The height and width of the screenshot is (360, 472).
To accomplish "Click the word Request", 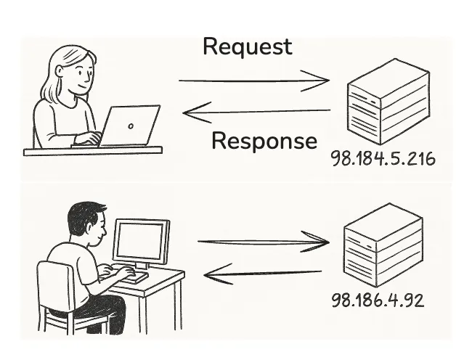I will tap(247, 46).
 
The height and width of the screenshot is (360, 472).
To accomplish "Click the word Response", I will tap(264, 140).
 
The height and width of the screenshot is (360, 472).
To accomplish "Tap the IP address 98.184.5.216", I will tap(383, 158).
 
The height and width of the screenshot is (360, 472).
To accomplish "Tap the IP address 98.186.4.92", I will tap(377, 299).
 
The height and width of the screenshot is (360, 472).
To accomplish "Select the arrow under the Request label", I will tap(253, 81).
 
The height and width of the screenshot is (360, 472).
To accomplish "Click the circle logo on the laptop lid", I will tap(130, 125).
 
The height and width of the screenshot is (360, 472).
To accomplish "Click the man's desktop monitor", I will tap(141, 242).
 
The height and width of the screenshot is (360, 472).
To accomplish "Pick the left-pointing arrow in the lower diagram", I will tap(261, 274).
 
